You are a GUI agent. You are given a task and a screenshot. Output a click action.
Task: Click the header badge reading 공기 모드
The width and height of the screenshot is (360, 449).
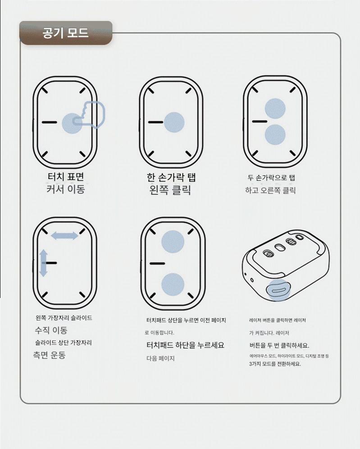[x=66, y=32]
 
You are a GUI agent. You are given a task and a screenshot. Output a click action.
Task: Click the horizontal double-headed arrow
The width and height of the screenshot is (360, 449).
[x=64, y=236]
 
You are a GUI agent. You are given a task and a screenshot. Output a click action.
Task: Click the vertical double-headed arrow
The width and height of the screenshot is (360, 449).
[x=44, y=263]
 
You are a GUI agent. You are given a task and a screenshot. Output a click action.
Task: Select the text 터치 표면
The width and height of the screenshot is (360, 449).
[x=66, y=177]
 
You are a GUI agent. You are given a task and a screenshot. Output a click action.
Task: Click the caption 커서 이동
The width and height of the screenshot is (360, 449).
[x=66, y=189]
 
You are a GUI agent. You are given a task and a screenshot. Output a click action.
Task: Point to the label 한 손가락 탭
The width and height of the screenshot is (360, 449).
[x=171, y=177]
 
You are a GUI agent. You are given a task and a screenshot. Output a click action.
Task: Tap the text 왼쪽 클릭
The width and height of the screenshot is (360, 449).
[x=170, y=190]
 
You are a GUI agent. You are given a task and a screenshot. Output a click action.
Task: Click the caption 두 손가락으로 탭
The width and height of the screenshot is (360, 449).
[x=271, y=178]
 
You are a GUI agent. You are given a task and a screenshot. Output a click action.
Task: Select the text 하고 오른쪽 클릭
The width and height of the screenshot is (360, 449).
[x=270, y=190]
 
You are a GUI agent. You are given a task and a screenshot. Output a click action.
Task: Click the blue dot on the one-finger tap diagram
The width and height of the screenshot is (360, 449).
[x=174, y=122]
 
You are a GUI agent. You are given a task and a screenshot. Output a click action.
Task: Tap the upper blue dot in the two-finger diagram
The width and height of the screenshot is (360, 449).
[x=275, y=109]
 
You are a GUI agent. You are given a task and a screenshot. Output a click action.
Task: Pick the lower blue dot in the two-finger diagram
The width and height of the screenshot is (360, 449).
[x=275, y=134]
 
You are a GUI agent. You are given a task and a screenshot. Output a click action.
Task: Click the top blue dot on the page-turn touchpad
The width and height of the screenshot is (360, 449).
[x=173, y=242]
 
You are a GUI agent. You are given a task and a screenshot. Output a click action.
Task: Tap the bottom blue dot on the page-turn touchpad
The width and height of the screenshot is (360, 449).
[x=173, y=284]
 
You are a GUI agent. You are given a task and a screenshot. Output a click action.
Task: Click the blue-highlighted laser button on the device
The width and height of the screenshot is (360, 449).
[x=278, y=290]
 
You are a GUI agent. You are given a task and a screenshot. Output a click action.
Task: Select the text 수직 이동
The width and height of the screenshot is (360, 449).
[x=51, y=330]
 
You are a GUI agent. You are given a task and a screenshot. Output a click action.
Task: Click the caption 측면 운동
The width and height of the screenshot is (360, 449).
[x=49, y=355]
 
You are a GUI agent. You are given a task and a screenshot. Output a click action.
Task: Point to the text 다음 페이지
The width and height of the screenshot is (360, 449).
[x=160, y=358]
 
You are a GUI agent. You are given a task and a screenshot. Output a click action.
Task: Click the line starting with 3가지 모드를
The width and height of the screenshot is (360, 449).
[x=275, y=364]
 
